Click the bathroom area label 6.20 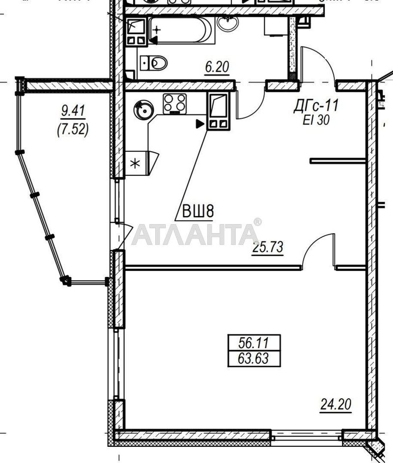(217, 67)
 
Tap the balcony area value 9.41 (73, 111)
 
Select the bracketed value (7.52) (73, 129)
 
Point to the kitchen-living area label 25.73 (268, 247)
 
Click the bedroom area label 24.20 (336, 404)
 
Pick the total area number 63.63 (253, 359)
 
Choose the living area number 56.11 (253, 343)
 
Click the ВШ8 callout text (197, 212)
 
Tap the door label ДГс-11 (316, 106)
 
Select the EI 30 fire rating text (316, 120)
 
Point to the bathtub (181, 31)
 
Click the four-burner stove (174, 104)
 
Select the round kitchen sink (143, 110)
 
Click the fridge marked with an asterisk (136, 163)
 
